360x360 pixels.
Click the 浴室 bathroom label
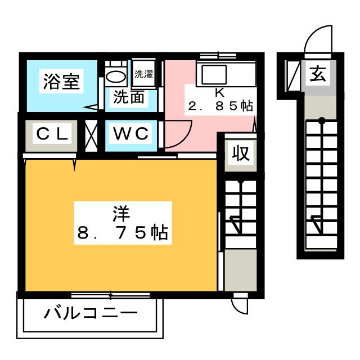coord(62,83)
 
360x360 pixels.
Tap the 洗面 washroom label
coord(129,97)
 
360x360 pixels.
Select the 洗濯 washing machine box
coord(143,74)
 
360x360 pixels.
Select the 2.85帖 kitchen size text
coord(220,106)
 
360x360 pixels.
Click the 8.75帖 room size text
coord(121,232)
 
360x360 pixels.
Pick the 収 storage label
coord(240,152)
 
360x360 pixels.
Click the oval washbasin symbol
coord(116,75)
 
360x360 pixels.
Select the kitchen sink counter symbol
coord(211,74)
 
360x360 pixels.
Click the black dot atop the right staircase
coord(321,120)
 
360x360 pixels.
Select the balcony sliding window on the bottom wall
coord(110,294)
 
